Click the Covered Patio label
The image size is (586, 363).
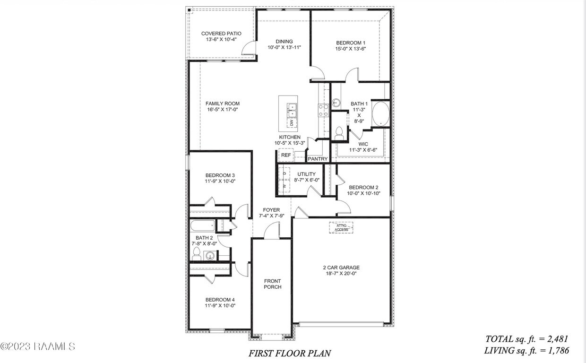pyautogui.click(x=221, y=34)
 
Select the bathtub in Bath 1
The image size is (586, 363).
pyautogui.click(x=381, y=114)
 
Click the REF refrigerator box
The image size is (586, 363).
pyautogui.click(x=286, y=155)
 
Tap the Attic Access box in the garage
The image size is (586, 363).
pyautogui.click(x=341, y=228)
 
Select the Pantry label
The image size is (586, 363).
pyautogui.click(x=318, y=159)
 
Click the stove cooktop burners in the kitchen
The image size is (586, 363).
pyautogui.click(x=323, y=111)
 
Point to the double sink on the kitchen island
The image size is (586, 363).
pyautogui.click(x=292, y=111)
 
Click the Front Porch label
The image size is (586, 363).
pyautogui.click(x=272, y=284)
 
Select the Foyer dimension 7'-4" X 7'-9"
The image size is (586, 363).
pyautogui.click(x=271, y=216)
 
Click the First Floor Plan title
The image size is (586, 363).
pyautogui.click(x=290, y=353)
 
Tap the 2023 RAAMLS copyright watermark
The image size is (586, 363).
pyautogui.click(x=38, y=346)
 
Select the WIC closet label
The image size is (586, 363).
pyautogui.click(x=363, y=144)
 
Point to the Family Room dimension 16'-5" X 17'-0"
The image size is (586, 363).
pyautogui.click(x=222, y=110)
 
